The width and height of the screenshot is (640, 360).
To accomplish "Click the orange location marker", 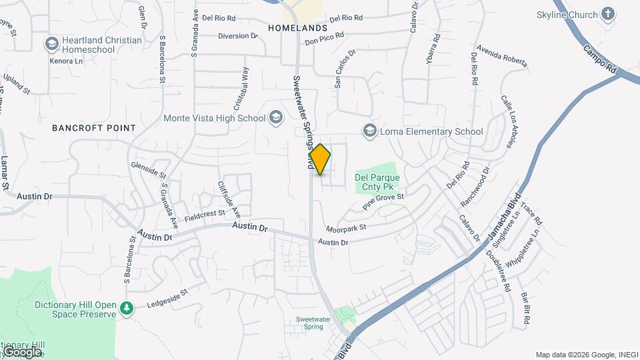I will [x=320, y=159].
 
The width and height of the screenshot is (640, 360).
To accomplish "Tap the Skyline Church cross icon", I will [x=607, y=14].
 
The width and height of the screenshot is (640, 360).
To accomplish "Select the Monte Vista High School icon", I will [x=275, y=119].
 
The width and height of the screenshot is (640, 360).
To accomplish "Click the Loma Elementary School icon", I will [x=369, y=131].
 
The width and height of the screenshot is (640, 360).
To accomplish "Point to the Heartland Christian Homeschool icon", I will [x=51, y=45].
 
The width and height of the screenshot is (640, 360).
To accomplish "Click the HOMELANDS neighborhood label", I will [x=297, y=29].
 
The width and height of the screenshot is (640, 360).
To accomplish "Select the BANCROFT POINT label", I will [x=94, y=128].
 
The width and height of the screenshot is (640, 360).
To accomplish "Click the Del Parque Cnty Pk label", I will [x=377, y=183].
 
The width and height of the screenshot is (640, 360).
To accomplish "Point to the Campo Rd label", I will [x=600, y=59].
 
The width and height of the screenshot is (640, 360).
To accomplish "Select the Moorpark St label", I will [x=347, y=227].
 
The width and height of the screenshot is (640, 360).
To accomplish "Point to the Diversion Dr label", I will [x=237, y=36].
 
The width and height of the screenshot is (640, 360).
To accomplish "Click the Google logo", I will [x=21, y=351].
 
